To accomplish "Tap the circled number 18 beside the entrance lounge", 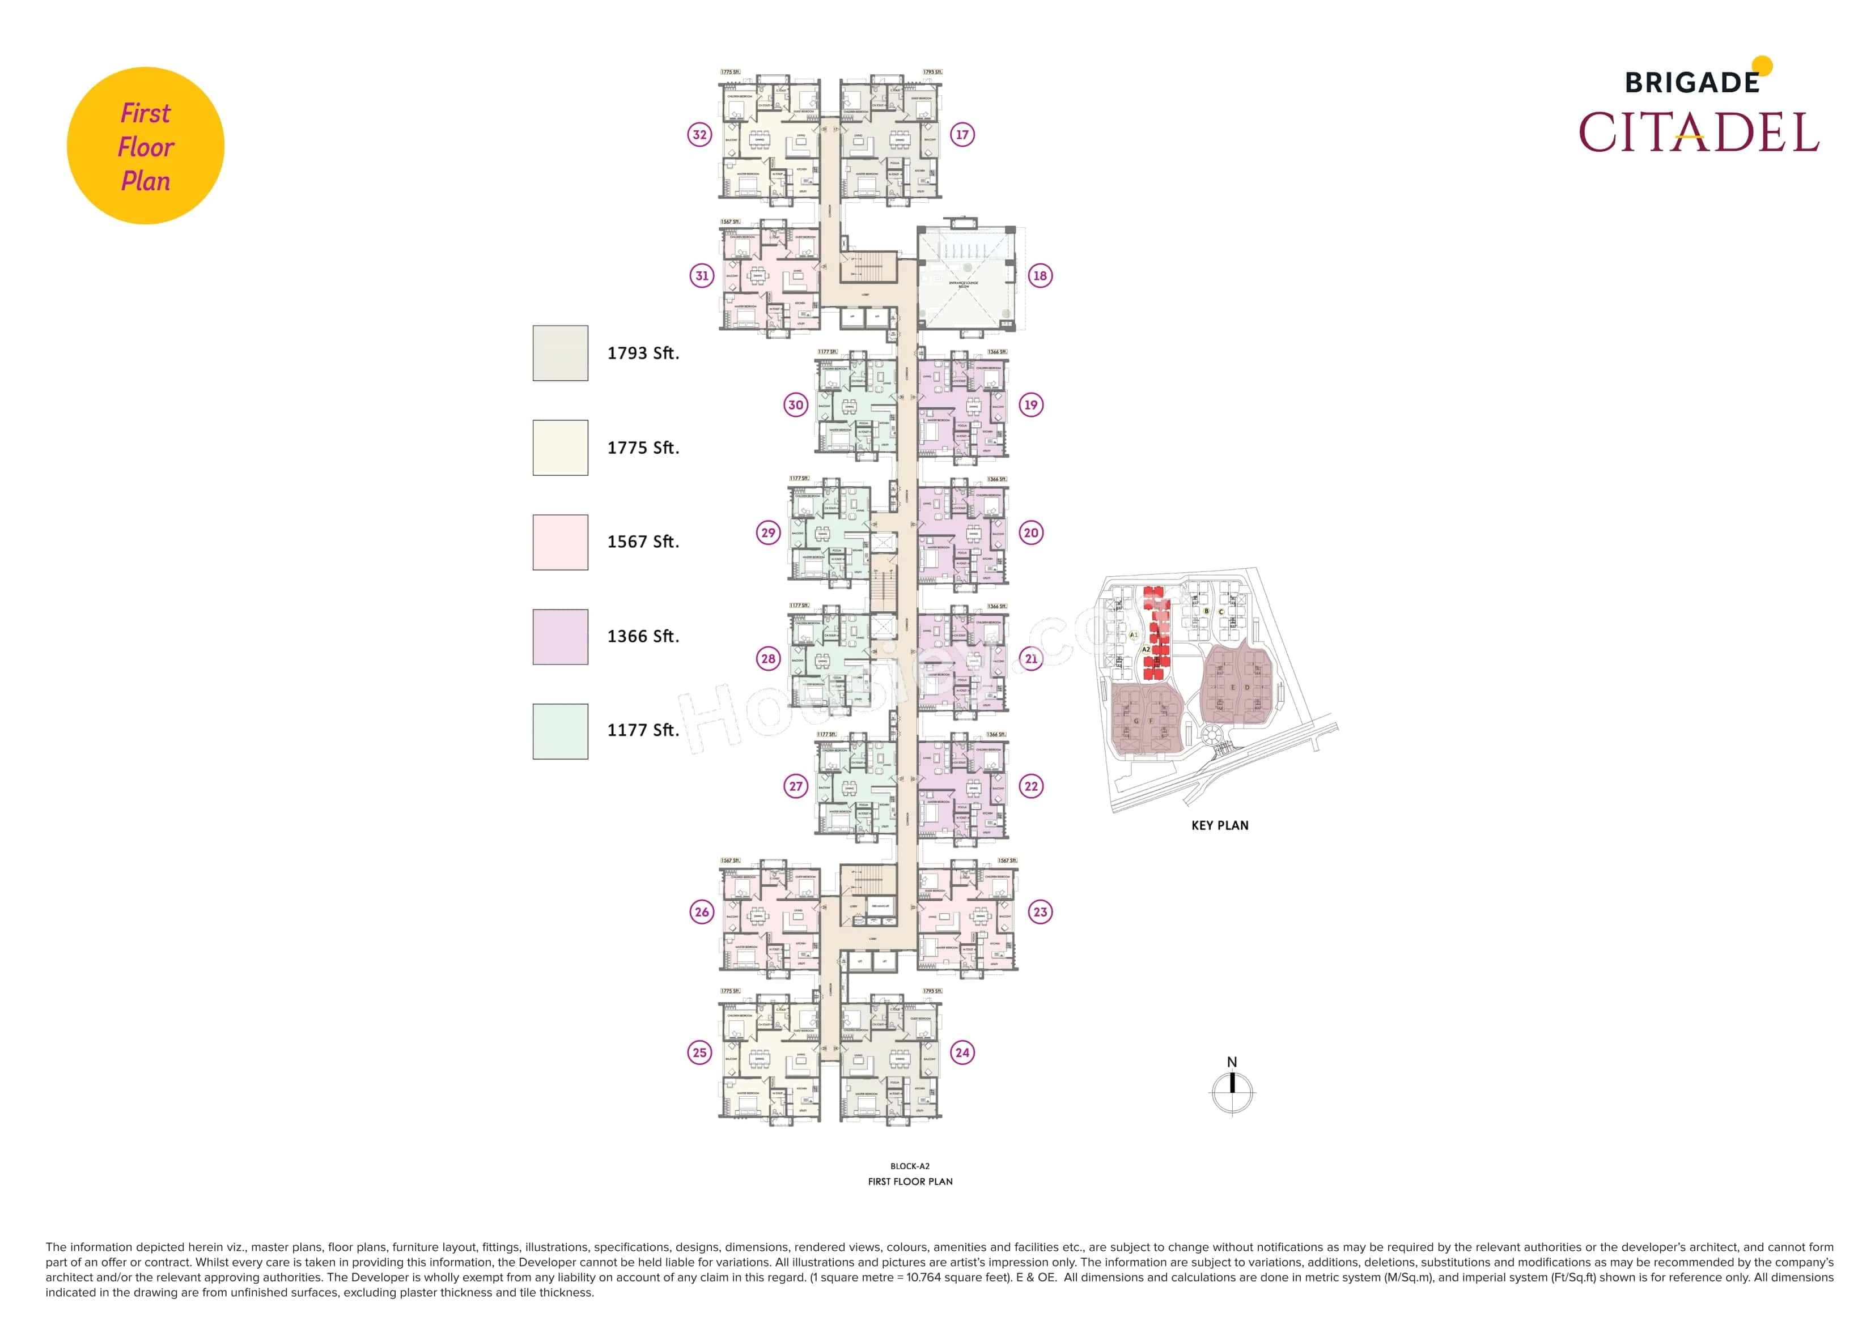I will pyautogui.click(x=1039, y=275).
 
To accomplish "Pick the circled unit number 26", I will pyautogui.click(x=702, y=912).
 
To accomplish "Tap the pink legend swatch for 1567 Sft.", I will pyautogui.click(x=560, y=542).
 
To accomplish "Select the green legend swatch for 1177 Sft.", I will pyautogui.click(x=560, y=731).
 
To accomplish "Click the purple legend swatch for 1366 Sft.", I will pyautogui.click(x=560, y=637).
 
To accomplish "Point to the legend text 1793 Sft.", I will pyautogui.click(x=643, y=353).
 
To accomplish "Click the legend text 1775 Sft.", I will pyautogui.click(x=643, y=448).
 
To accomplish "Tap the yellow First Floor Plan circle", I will pyautogui.click(x=145, y=146).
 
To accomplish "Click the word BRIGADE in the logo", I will pyautogui.click(x=1691, y=83).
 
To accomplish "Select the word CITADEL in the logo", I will pyautogui.click(x=1699, y=133).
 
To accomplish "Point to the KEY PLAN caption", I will pyautogui.click(x=1219, y=825).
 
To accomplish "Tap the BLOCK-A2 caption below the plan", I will pyautogui.click(x=910, y=1166).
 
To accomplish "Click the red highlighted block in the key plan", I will pyautogui.click(x=1156, y=633).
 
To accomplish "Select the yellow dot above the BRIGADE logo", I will pyautogui.click(x=1762, y=65).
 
